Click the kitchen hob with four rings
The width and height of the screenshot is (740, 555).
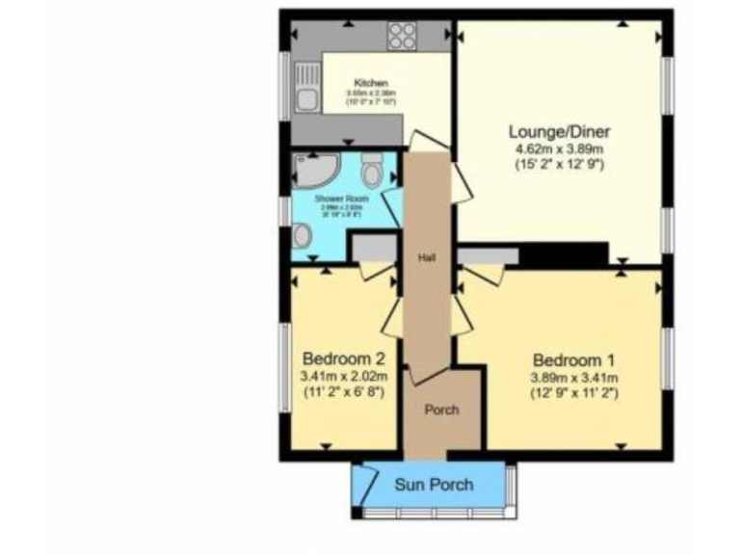[x=402, y=36]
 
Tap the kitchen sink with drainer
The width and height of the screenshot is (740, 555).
[x=306, y=85]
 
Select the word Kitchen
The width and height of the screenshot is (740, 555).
[x=371, y=83]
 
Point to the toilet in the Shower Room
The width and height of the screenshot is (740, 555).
[x=372, y=171]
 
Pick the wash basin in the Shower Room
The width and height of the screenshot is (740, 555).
[x=303, y=235]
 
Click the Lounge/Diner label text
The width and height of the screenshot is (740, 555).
[x=559, y=132]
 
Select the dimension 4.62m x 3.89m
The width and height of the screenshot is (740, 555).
[x=559, y=149]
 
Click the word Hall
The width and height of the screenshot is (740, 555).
[x=428, y=257]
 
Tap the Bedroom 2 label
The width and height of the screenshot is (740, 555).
[x=344, y=357]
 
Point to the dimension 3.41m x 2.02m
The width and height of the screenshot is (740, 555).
[x=344, y=377]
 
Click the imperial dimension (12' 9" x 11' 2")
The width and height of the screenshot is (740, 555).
[x=573, y=393]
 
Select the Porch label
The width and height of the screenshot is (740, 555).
[x=441, y=410]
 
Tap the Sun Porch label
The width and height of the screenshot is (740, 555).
[x=434, y=484]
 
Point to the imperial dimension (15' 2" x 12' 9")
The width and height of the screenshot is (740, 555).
[x=559, y=165]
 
